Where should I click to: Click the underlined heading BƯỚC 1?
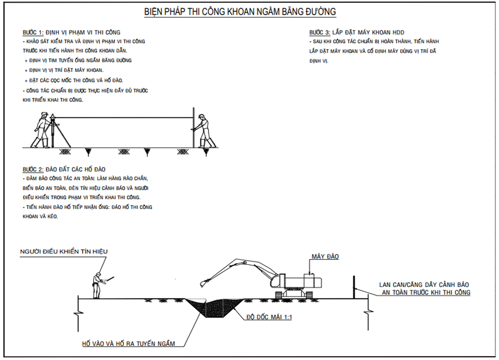(x=32, y=33)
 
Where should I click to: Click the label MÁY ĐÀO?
(x=325, y=257)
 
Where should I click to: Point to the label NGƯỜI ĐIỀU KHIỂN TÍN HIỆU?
(x=63, y=251)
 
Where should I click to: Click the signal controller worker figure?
(x=98, y=285)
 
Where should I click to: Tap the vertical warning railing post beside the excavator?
(x=355, y=287)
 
